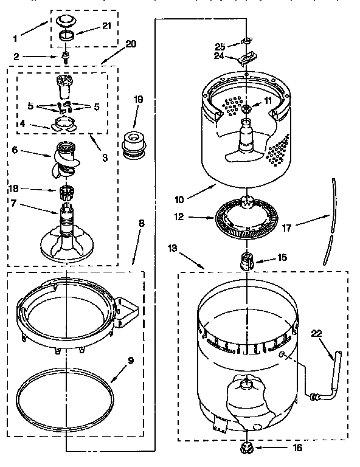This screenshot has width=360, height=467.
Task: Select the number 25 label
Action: coord(220,46)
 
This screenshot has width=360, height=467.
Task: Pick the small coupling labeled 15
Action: coord(248,261)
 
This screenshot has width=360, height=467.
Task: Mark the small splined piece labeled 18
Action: coord(66,193)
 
